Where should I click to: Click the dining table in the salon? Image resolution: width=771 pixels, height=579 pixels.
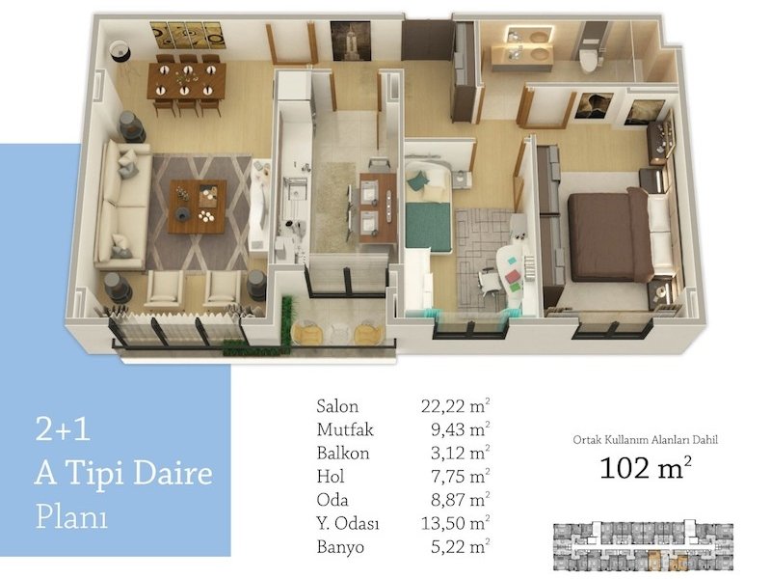click(x=186, y=80)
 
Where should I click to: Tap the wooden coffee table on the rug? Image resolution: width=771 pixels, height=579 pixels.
click(x=198, y=207)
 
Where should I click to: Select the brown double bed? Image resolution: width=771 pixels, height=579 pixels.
click(x=608, y=234)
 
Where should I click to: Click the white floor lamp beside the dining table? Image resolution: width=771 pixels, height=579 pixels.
click(x=120, y=51)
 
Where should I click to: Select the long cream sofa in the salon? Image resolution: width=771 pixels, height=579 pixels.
click(x=122, y=205)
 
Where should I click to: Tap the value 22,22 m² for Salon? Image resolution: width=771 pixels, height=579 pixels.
click(x=455, y=405)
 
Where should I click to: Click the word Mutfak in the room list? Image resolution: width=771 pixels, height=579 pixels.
click(x=345, y=429)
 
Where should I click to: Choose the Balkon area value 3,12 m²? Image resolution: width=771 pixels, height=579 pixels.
click(x=461, y=453)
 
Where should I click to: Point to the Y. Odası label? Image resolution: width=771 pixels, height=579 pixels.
click(x=348, y=523)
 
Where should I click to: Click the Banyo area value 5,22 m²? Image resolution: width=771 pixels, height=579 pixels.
click(x=461, y=546)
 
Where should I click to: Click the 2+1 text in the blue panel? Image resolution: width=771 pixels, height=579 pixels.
click(x=63, y=428)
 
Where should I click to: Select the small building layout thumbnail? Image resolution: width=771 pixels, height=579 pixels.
click(x=643, y=545)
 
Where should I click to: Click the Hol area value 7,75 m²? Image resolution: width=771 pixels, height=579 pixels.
click(x=461, y=476)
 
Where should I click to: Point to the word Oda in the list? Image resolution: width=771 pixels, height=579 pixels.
click(x=332, y=500)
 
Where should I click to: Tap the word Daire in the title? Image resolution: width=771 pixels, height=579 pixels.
click(x=173, y=473)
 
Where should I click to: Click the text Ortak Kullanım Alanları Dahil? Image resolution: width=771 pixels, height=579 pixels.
click(x=645, y=440)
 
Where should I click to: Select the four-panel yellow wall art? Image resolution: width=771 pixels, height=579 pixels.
click(x=188, y=35)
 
